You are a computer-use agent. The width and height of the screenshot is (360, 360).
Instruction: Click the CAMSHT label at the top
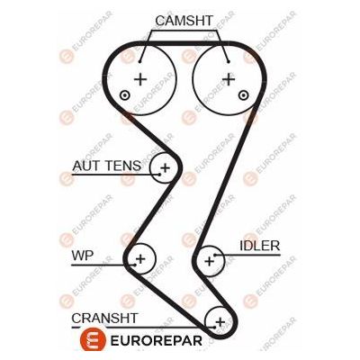tap(184, 20)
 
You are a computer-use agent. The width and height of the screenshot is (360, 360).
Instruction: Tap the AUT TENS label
tap(106, 166)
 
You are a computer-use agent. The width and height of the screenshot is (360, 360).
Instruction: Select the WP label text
tap(82, 256)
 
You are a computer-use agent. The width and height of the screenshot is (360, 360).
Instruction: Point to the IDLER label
tap(259, 245)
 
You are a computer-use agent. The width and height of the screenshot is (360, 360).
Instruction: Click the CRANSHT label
tap(104, 318)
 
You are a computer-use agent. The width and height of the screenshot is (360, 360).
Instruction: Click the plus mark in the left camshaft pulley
tap(140, 78)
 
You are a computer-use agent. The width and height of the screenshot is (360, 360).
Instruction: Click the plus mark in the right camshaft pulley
tap(229, 78)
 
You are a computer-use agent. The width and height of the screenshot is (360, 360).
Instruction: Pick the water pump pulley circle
tap(139, 260)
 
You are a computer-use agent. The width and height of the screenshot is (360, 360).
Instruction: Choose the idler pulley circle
tap(210, 260)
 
